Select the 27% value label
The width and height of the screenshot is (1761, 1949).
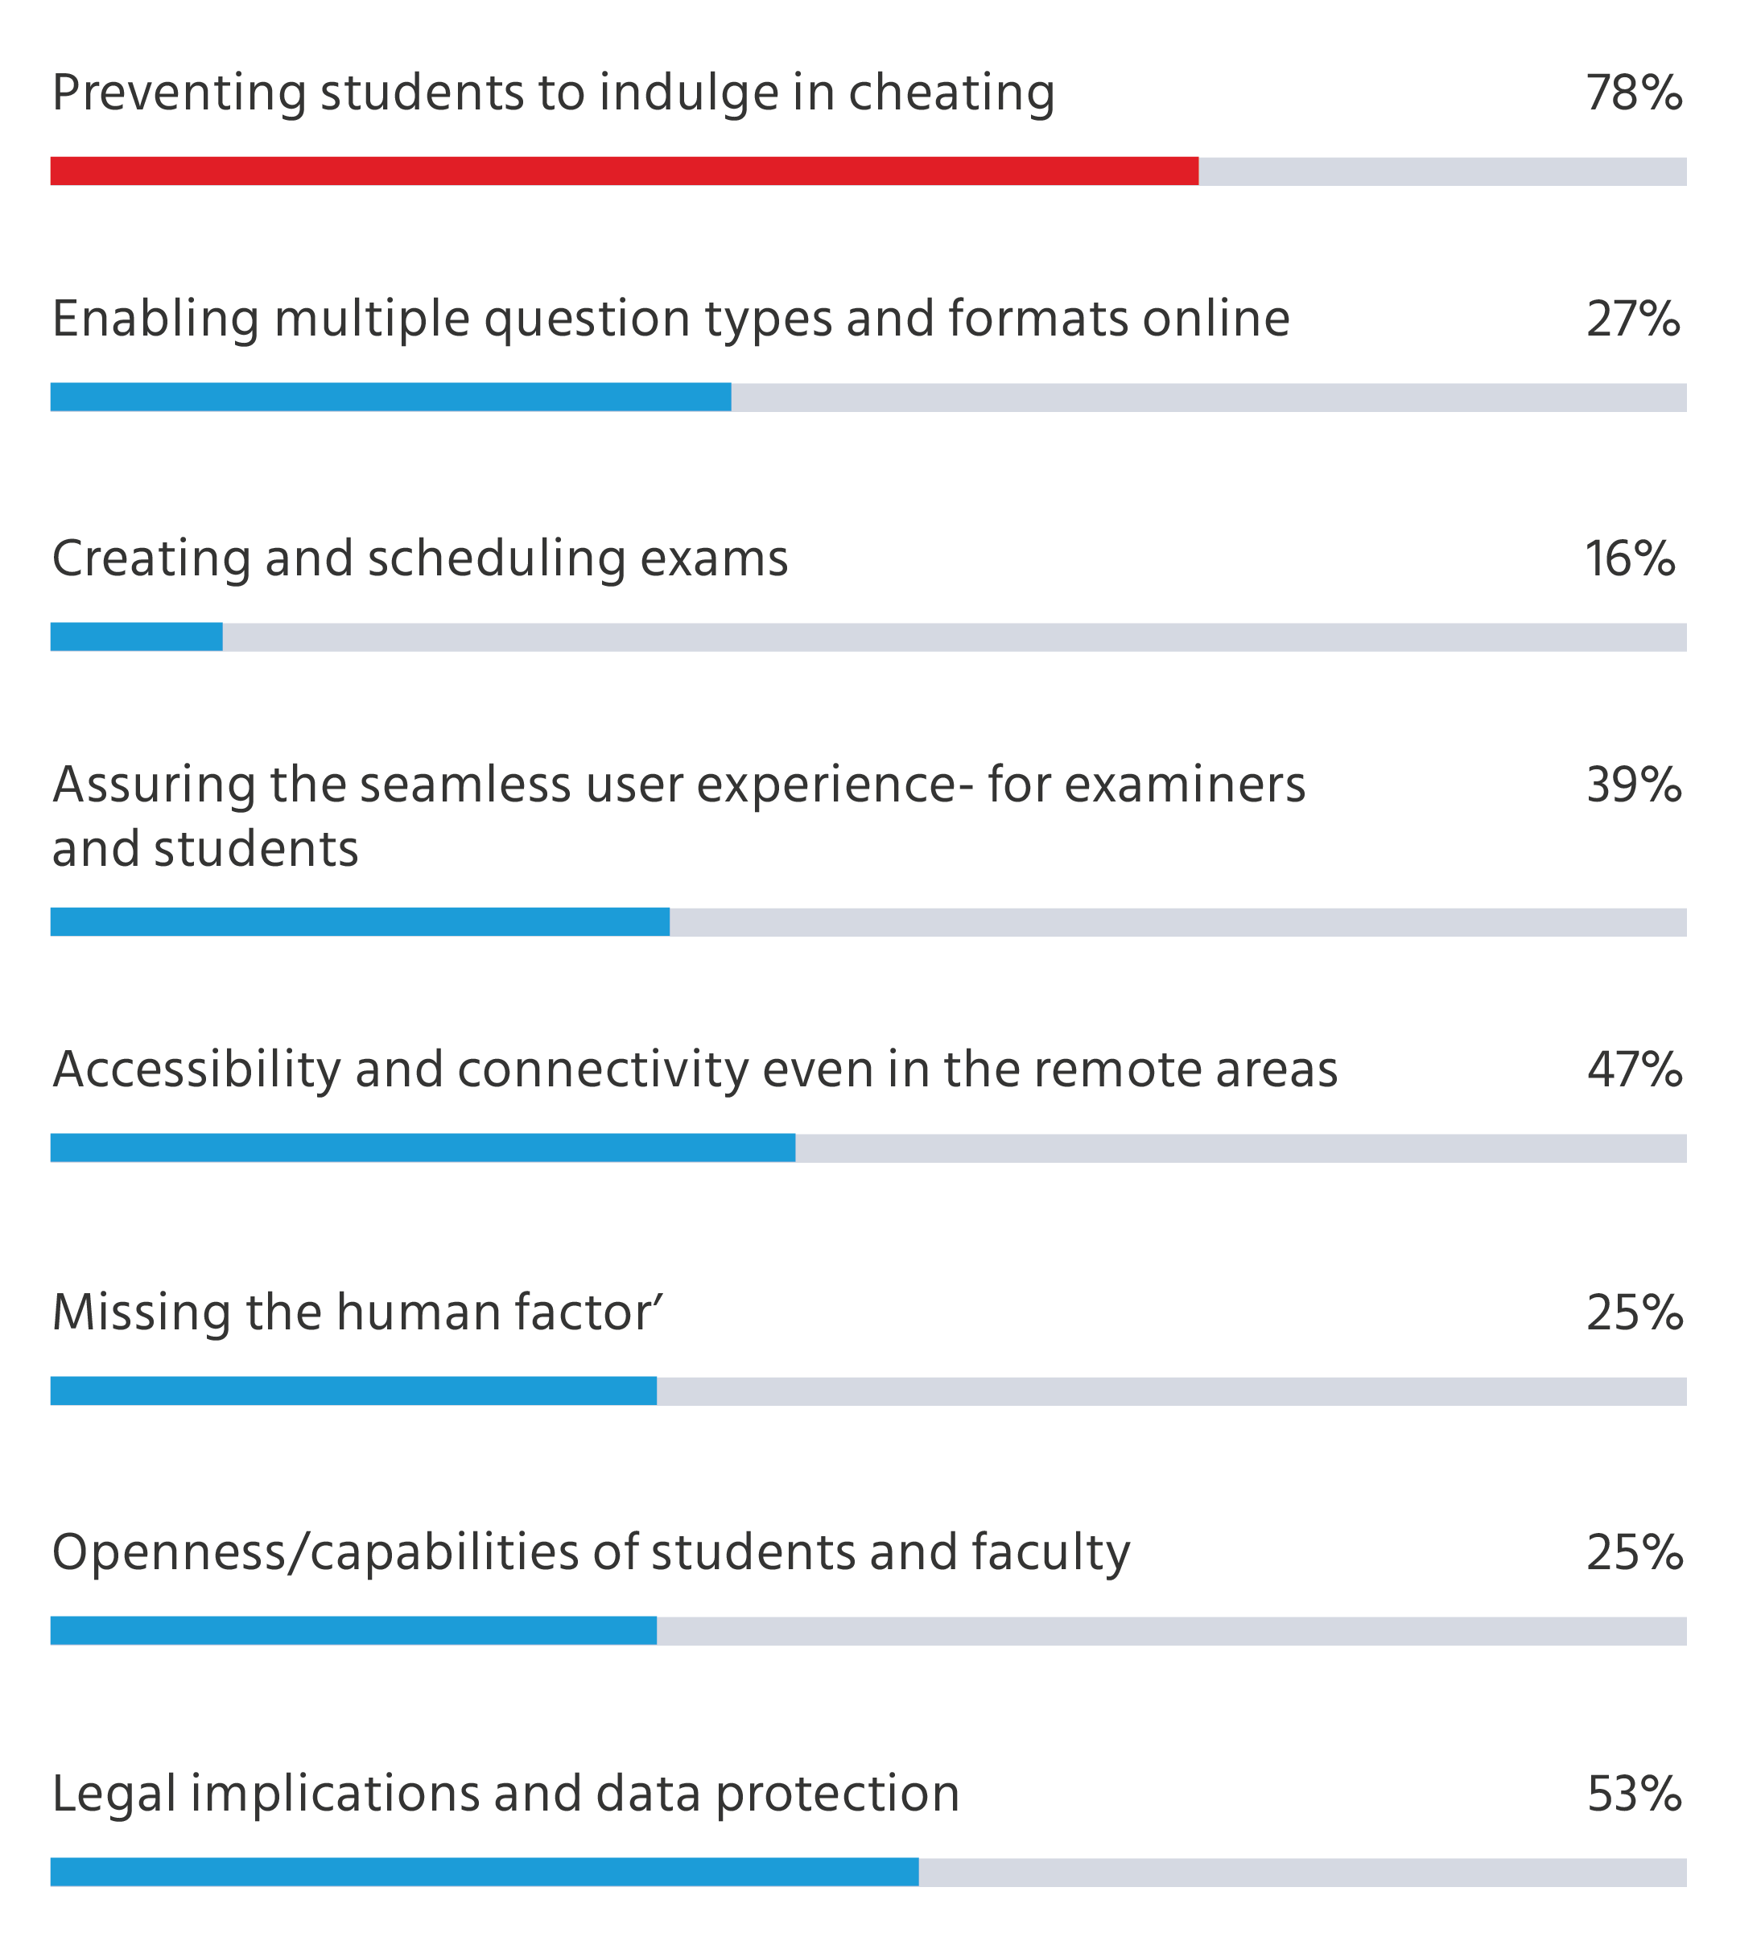click(x=1632, y=319)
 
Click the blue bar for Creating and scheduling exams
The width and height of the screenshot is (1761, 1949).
click(x=136, y=637)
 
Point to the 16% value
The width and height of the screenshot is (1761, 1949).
click(x=1630, y=558)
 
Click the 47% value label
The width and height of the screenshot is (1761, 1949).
click(x=1633, y=1069)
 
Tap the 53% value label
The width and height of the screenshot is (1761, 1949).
click(x=1633, y=1794)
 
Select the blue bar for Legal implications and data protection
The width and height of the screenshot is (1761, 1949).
click(x=484, y=1871)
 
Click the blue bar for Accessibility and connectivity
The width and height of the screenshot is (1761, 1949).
click(x=423, y=1148)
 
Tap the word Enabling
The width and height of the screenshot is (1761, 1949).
click(x=155, y=319)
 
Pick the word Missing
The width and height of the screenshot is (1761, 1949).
click(x=140, y=1312)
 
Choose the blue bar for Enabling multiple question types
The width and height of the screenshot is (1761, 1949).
click(x=390, y=397)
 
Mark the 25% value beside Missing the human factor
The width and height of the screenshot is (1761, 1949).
click(x=1633, y=1312)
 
